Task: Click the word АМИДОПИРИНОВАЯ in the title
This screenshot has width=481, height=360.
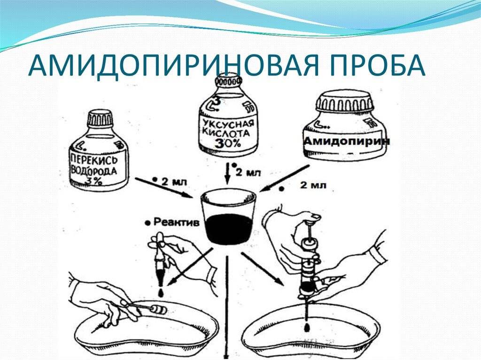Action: [x=173, y=66]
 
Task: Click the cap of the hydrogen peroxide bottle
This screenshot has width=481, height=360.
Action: [x=100, y=119]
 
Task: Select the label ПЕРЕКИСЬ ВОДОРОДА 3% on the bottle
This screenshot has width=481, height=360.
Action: [x=94, y=169]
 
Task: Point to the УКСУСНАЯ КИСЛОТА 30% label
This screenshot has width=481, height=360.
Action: [x=228, y=134]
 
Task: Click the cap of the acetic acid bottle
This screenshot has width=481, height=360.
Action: [x=228, y=81]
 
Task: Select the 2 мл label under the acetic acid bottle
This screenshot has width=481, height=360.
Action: [x=248, y=172]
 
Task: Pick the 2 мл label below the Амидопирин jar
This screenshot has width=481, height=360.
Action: [x=313, y=185]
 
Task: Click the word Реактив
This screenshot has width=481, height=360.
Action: [x=176, y=222]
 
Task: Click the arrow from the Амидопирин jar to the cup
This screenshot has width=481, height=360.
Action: [x=285, y=178]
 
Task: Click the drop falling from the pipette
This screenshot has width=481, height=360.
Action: [x=161, y=293]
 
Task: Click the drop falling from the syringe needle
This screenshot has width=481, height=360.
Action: [x=306, y=328]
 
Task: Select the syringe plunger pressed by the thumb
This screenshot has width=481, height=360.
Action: [x=311, y=230]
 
